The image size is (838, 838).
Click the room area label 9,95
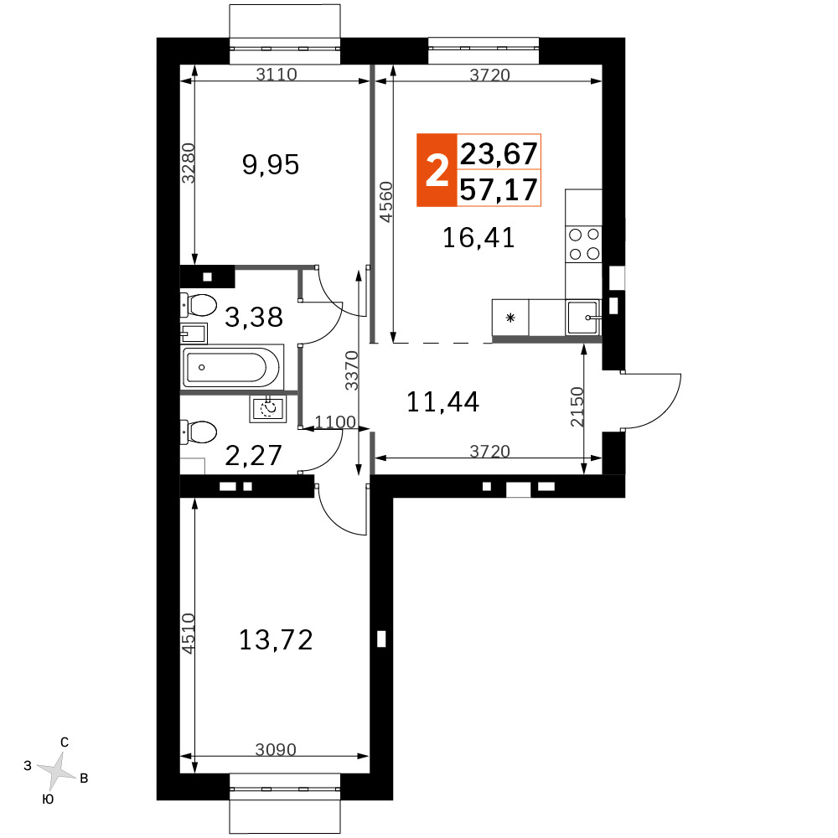pos(271,164)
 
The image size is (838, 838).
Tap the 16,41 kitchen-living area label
pos(478,238)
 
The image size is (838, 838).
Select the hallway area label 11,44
pos(443,402)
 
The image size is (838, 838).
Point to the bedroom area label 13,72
pos(276,639)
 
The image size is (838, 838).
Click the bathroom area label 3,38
pos(254,317)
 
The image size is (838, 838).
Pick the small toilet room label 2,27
pos(253,455)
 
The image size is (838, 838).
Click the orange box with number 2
pos(437,170)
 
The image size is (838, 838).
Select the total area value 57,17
pos(499,189)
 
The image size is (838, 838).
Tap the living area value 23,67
pos(499,153)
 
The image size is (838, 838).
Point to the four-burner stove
pos(583,244)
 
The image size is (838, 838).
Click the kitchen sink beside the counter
pos(583,318)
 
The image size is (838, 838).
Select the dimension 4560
pos(385,202)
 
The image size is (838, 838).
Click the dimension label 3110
pos(277,74)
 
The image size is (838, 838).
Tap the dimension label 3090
pos(276,750)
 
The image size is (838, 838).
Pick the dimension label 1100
pos(335,422)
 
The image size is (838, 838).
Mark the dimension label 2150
pos(577,406)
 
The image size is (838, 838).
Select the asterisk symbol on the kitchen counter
pos(510,318)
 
